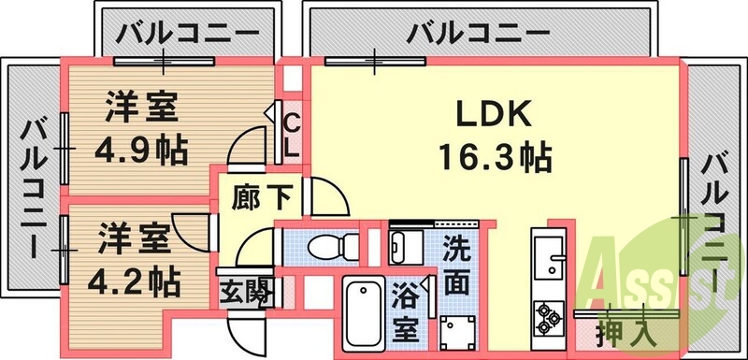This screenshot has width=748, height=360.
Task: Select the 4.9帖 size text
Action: coord(140,147)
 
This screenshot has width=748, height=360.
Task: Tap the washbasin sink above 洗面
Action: coord(406,249)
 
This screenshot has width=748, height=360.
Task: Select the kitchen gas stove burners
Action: coord(546,317)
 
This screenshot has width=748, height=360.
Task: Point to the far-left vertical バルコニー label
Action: coord(35,188)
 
